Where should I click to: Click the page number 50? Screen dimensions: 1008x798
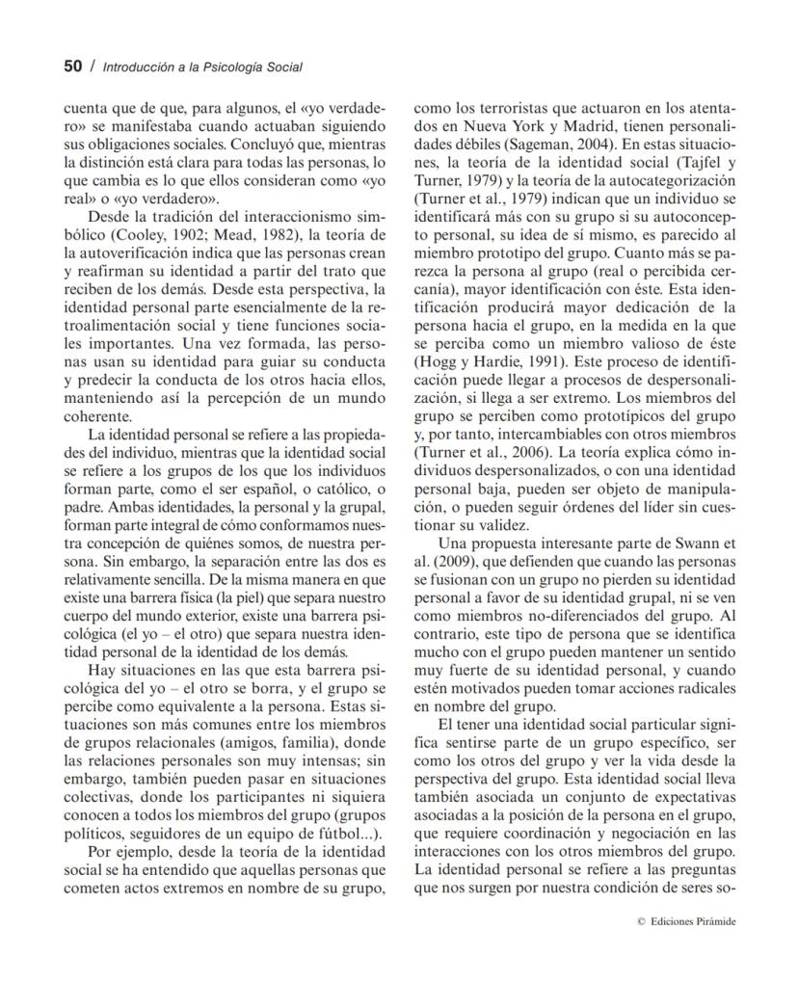click(73, 66)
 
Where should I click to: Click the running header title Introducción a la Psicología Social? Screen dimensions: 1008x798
click(202, 67)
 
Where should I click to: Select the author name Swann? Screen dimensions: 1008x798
click(704, 542)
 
